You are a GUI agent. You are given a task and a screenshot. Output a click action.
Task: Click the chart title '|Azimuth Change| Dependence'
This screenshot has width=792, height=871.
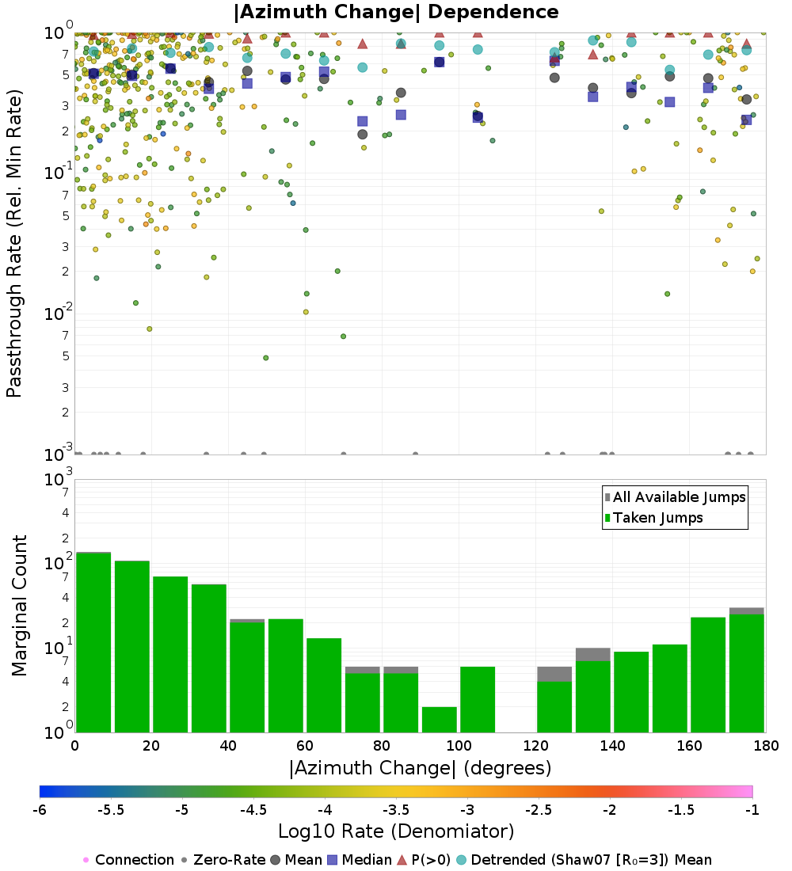tap(396, 13)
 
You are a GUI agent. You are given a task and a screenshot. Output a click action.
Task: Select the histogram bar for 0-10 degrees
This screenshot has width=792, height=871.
tap(93, 641)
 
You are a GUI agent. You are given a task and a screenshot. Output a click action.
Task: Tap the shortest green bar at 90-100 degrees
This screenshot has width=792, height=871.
tap(440, 719)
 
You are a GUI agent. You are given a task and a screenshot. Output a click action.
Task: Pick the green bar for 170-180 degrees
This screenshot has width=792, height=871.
tap(747, 673)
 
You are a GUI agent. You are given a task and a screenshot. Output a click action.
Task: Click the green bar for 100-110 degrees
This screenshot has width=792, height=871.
tap(478, 699)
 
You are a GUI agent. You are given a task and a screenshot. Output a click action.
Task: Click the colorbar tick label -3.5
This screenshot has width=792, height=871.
tap(396, 809)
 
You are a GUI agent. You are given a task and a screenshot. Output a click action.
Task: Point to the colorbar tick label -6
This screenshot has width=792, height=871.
tap(40, 809)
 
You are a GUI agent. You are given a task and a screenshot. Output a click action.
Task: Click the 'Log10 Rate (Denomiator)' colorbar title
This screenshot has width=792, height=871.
tap(396, 831)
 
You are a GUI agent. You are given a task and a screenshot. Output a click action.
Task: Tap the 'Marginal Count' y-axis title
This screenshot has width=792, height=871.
tap(19, 606)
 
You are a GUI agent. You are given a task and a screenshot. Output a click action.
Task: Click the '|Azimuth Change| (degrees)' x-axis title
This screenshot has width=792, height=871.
tap(420, 768)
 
